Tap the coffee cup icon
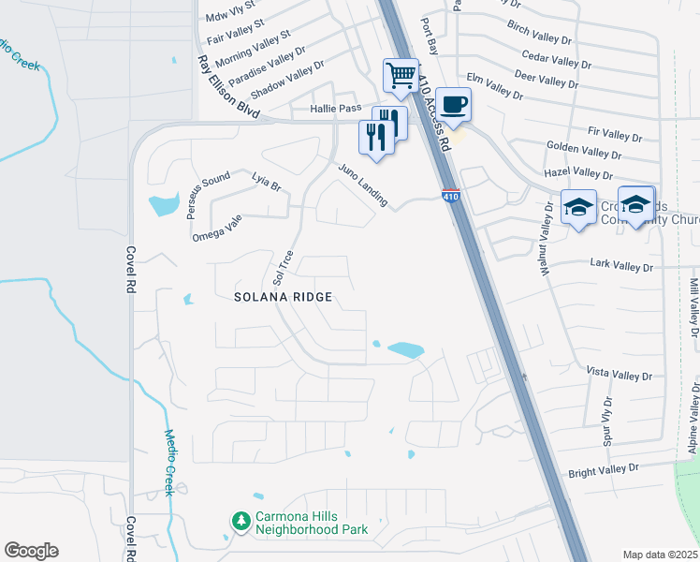454,103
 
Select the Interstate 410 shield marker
451,196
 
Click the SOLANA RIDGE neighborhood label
284,297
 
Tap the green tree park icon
241,519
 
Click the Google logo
31,550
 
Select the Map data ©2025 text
661,555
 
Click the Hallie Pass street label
335,110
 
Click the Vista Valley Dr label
619,373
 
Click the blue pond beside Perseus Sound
163,202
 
